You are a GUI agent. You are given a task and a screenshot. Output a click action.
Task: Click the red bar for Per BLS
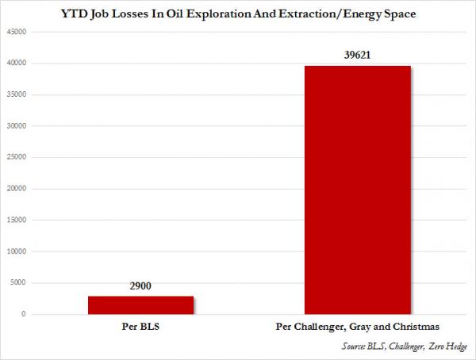click(x=140, y=305)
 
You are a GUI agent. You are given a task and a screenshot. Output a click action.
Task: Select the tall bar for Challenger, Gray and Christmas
click(x=358, y=190)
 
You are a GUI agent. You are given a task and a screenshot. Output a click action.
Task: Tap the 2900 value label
click(x=141, y=288)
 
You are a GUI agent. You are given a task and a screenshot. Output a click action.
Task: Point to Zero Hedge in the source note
click(x=446, y=347)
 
